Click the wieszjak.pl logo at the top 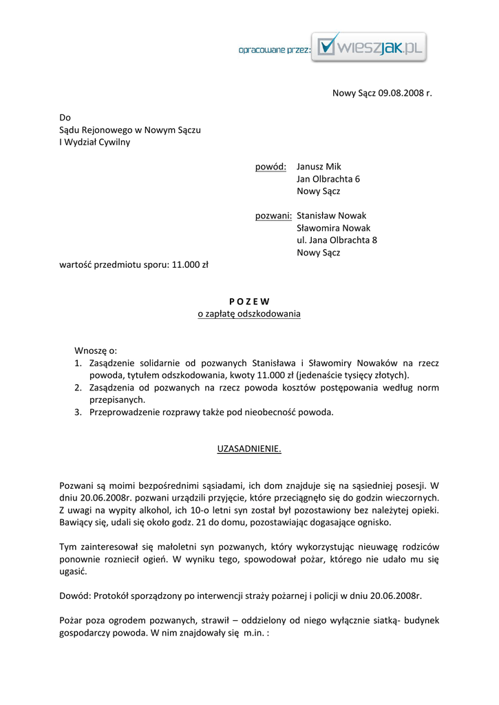point(368,47)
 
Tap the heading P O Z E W point(249,301)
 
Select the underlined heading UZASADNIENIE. point(249,449)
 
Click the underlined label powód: point(270,167)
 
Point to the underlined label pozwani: point(273,215)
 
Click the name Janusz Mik point(319,167)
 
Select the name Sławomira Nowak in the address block point(333,228)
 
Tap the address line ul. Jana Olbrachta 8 point(337,240)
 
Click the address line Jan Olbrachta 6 point(328,179)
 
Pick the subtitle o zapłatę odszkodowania point(249,314)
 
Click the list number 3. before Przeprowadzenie point(78,412)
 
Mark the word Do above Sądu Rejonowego point(65,118)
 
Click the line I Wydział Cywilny point(95,143)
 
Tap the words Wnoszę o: point(96,350)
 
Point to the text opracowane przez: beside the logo point(274,50)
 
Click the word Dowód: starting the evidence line point(74,596)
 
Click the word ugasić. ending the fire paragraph point(73,571)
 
